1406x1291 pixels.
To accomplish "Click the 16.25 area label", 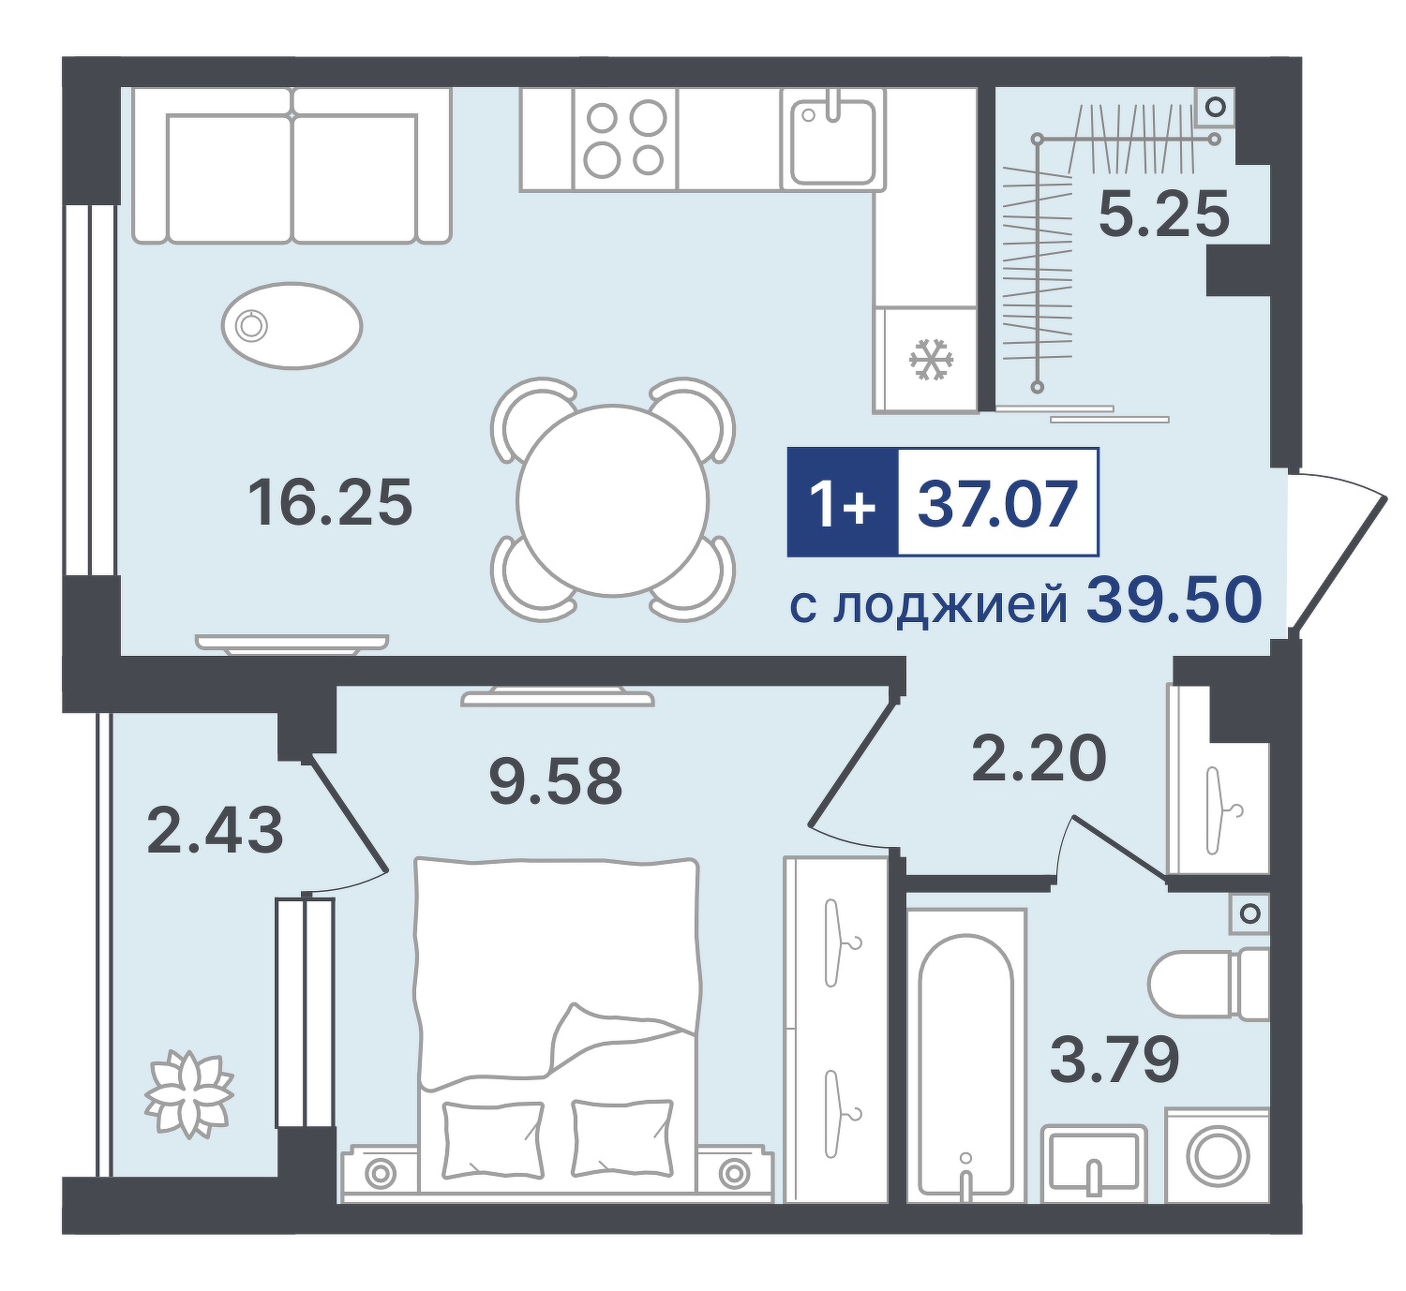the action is click(x=330, y=502).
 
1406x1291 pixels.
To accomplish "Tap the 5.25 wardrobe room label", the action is click(x=1164, y=214).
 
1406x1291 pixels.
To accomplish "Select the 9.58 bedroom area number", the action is click(x=555, y=780).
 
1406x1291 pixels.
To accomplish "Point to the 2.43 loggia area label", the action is click(x=216, y=830).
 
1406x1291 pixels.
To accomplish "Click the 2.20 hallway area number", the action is click(x=1039, y=758).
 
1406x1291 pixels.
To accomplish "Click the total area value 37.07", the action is click(x=997, y=502).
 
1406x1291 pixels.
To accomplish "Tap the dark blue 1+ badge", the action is click(x=843, y=502).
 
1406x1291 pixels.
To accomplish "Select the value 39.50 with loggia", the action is click(x=1174, y=600).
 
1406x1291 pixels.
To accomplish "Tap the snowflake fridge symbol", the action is click(x=932, y=361).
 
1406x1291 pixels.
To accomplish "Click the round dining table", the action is click(x=613, y=500).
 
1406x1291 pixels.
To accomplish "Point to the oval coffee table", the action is click(x=292, y=326).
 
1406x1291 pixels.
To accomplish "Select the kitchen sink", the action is click(x=833, y=140).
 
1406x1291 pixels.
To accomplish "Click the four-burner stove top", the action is click(x=625, y=140).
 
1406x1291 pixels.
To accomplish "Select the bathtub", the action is click(x=965, y=1056).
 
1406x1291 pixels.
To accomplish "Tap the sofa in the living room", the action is click(x=292, y=166).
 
